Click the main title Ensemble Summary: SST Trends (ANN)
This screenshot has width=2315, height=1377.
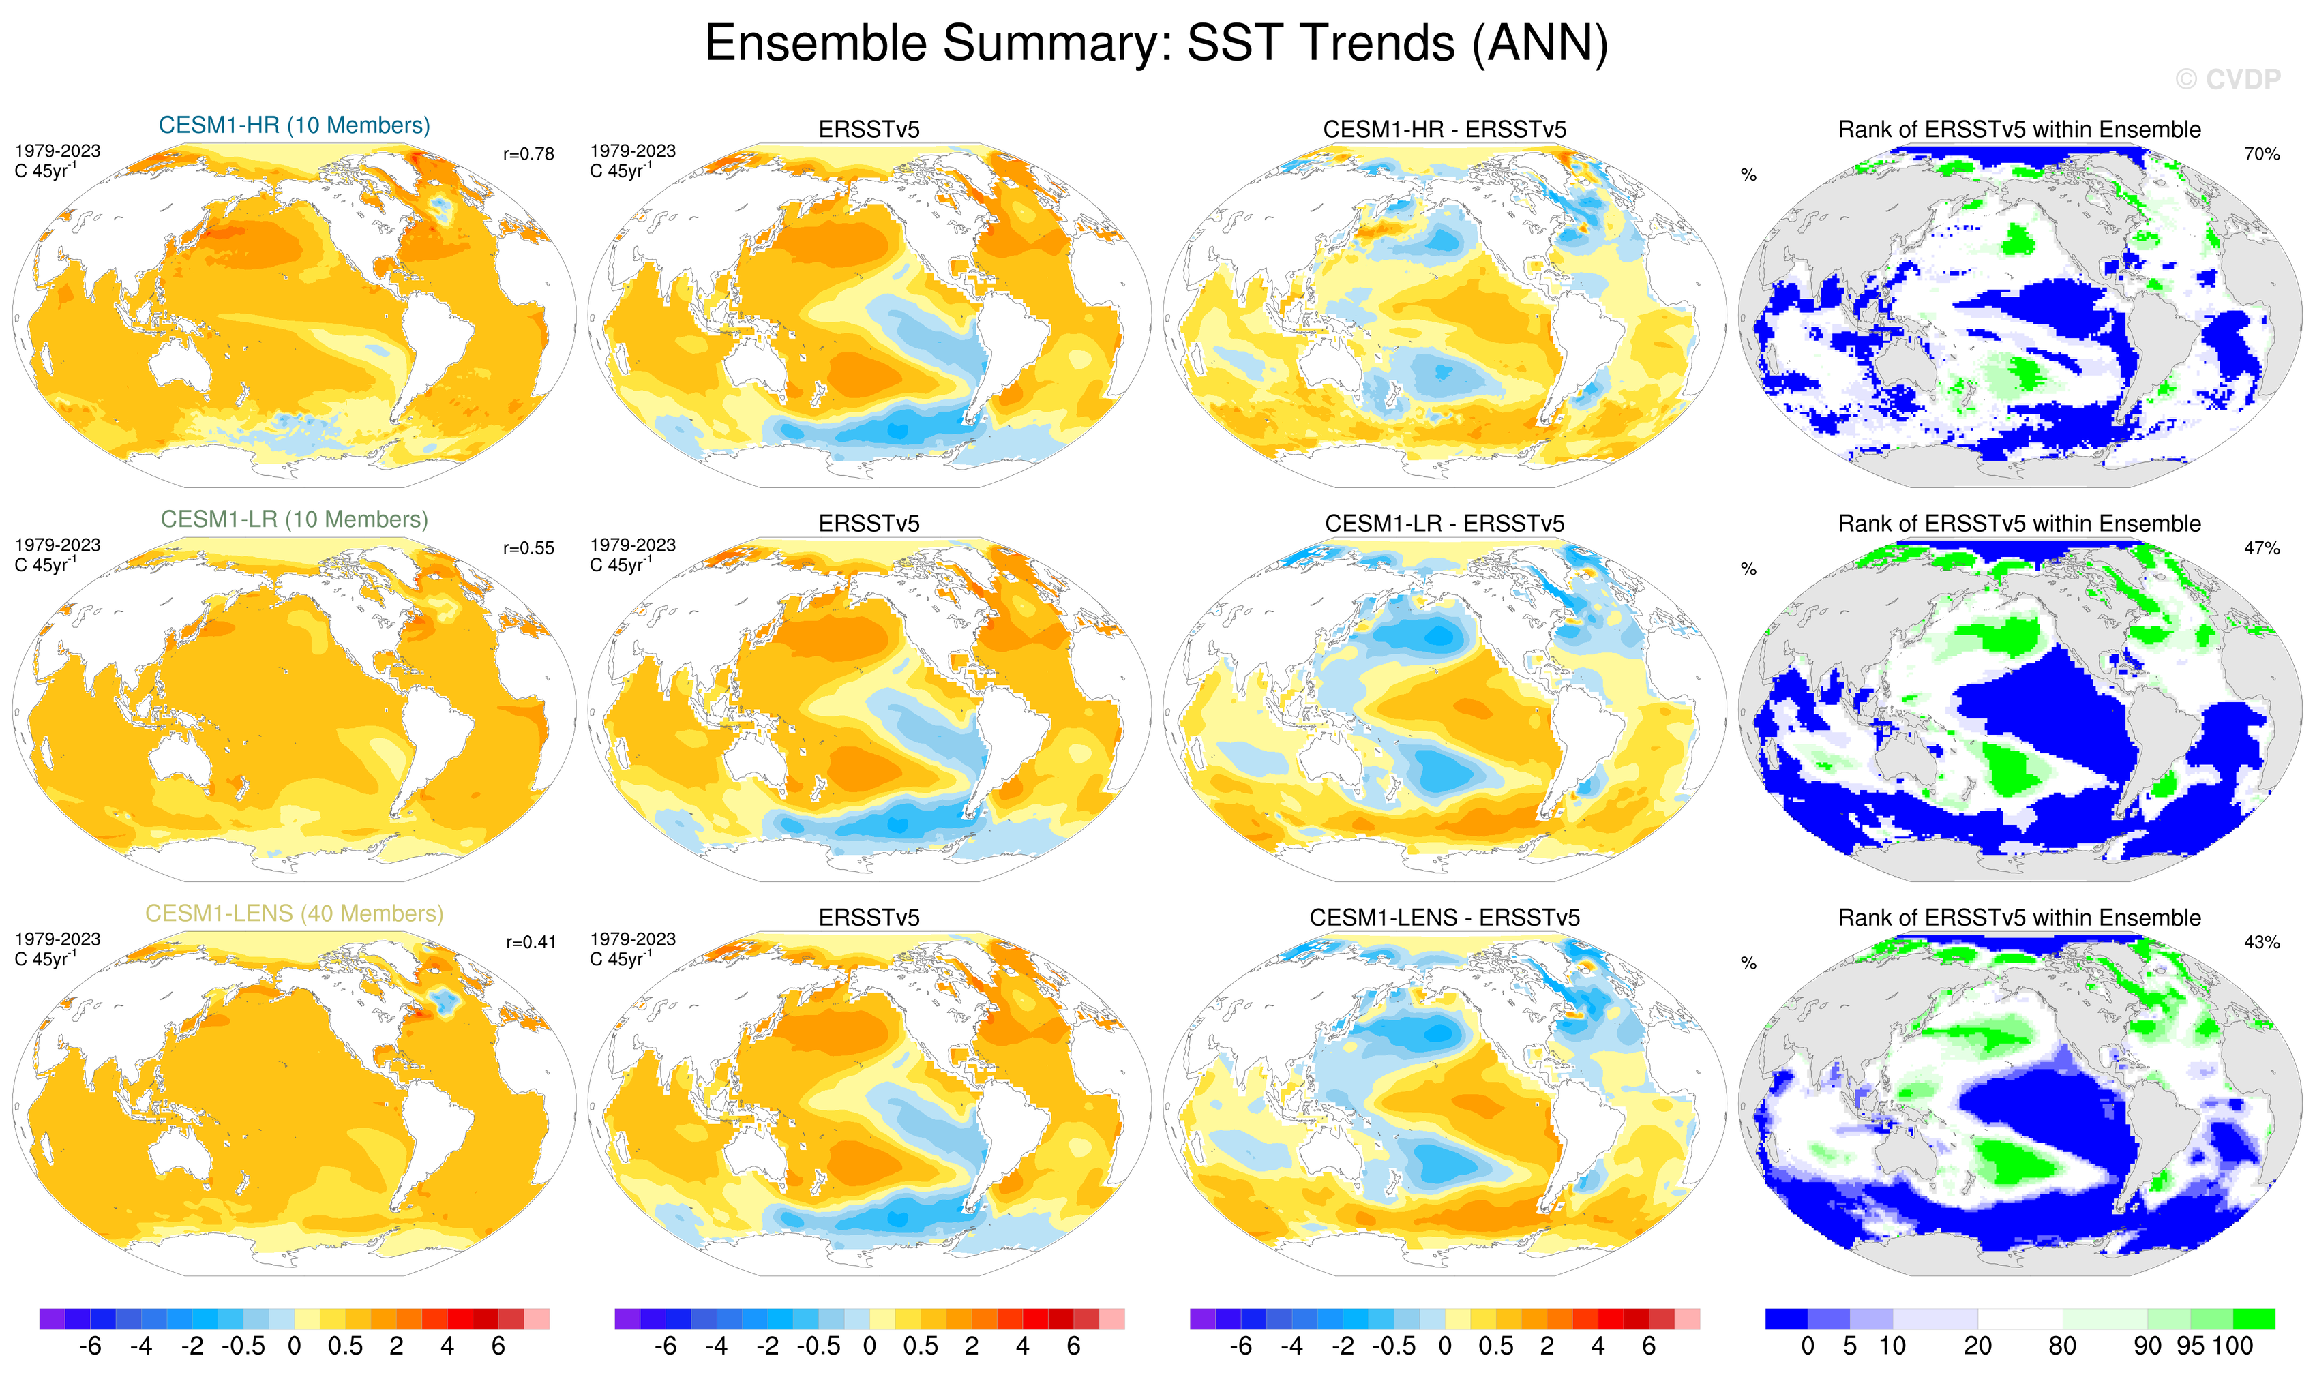[x=1156, y=44]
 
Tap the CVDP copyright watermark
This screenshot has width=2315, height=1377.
[x=2227, y=80]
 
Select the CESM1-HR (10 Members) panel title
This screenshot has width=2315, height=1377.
[x=295, y=125]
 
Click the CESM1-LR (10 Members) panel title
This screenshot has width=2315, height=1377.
[x=295, y=519]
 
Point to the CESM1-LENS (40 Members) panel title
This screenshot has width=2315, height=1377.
[x=295, y=914]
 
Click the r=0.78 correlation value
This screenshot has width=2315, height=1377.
[x=528, y=154]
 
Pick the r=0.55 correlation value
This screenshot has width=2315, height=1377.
[x=528, y=548]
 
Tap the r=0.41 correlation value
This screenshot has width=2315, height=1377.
[x=530, y=943]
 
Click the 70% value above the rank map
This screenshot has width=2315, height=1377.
[x=2261, y=154]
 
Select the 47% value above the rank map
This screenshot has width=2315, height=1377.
[x=2261, y=548]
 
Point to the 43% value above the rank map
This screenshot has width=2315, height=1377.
[x=2261, y=943]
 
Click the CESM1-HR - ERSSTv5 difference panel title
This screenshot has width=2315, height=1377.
[x=1444, y=130]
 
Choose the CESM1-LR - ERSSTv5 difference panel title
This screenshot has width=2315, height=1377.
[x=1444, y=524]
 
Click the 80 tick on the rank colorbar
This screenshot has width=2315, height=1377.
[x=2061, y=1346]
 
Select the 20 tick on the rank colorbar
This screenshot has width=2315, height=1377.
[x=1977, y=1346]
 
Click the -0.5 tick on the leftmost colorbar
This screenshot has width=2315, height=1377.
[x=243, y=1346]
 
